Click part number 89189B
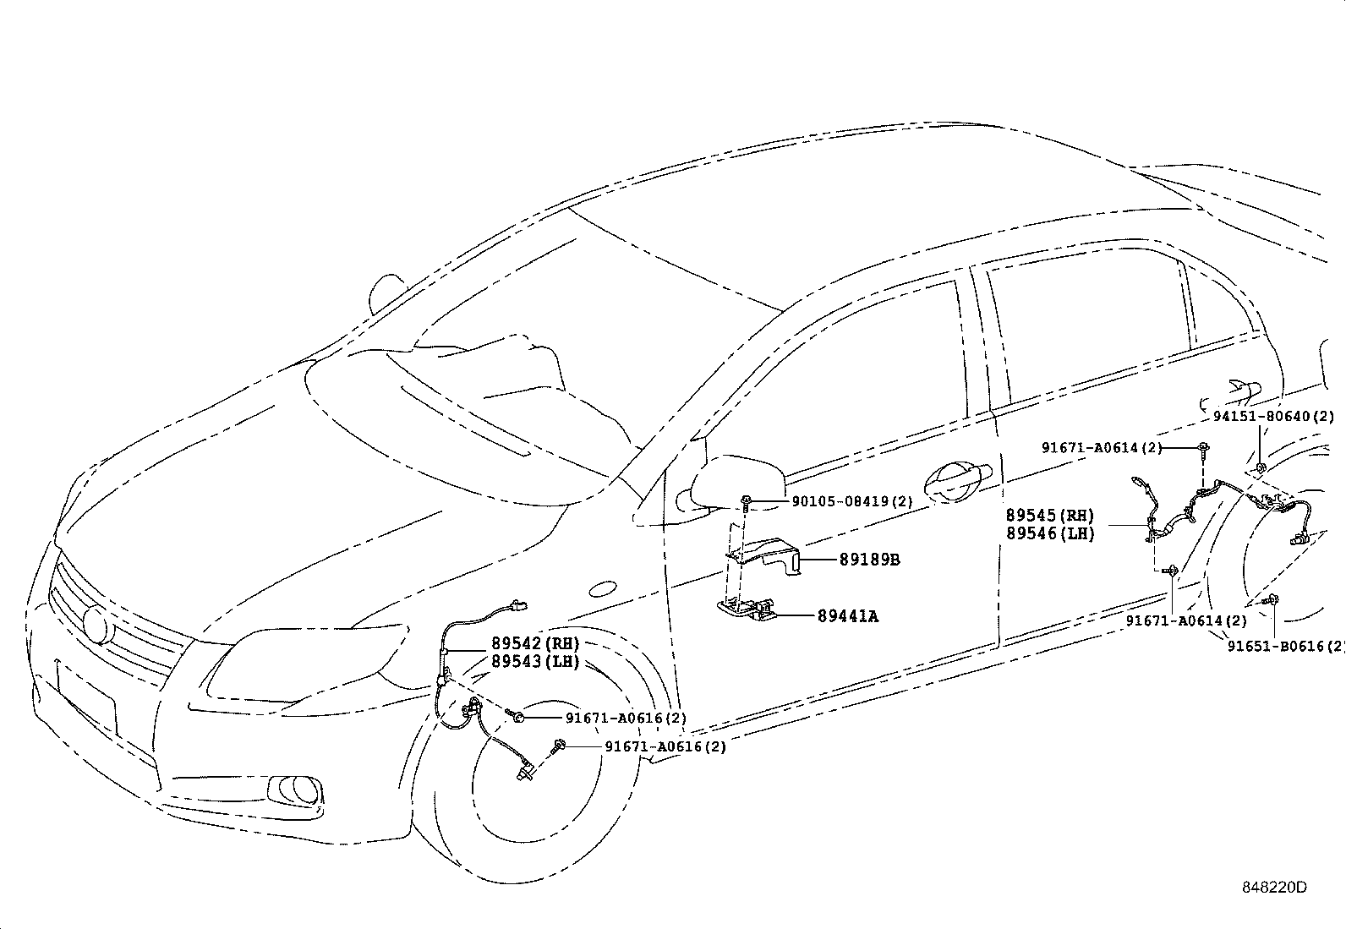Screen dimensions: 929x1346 coord(870,560)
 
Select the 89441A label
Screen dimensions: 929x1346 coord(847,616)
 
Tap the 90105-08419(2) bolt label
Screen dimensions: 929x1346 coord(852,501)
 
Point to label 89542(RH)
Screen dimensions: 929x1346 coord(535,644)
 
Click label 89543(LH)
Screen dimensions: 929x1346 coord(535,662)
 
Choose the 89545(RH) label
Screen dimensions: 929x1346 coord(1050,516)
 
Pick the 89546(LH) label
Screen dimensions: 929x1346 coord(1050,533)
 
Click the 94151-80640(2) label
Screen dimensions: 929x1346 coord(1272,416)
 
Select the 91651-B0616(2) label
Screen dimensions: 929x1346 coord(1285,646)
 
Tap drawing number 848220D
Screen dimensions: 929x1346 coord(1274,887)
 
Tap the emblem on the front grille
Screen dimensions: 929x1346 coord(96,625)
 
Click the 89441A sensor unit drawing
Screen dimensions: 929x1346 coord(747,608)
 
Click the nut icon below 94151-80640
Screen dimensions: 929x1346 coord(1260,467)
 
